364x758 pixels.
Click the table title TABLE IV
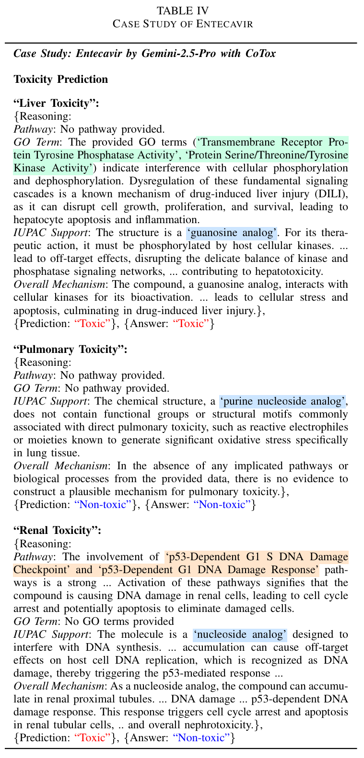(x=182, y=10)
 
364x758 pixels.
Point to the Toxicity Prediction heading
(x=61, y=79)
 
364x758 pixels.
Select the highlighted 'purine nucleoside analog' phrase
(x=282, y=401)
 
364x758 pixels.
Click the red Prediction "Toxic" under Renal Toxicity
(x=94, y=737)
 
